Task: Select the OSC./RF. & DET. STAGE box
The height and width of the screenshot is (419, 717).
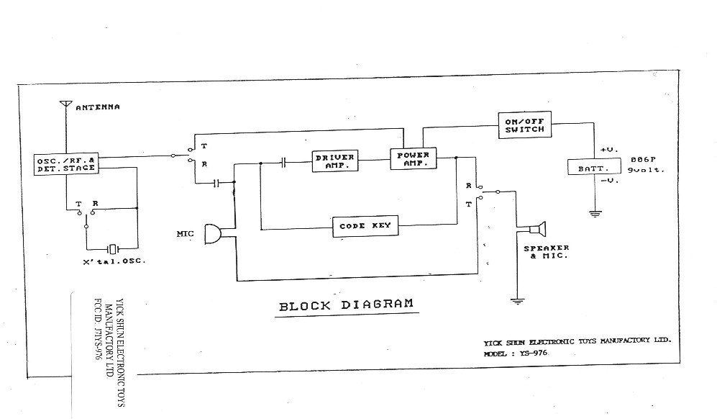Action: [65, 163]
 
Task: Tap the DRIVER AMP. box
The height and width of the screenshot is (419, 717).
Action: [335, 161]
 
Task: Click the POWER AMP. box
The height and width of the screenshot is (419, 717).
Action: [413, 159]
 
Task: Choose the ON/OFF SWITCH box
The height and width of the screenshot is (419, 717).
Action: [524, 125]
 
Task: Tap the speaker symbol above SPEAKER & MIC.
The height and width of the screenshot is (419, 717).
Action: [536, 230]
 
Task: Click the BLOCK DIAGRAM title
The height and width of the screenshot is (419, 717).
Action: [346, 305]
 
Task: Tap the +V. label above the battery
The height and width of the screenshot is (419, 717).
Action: [609, 150]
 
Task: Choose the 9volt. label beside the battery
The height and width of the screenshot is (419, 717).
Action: [644, 170]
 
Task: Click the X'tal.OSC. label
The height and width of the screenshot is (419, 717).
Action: [114, 261]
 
